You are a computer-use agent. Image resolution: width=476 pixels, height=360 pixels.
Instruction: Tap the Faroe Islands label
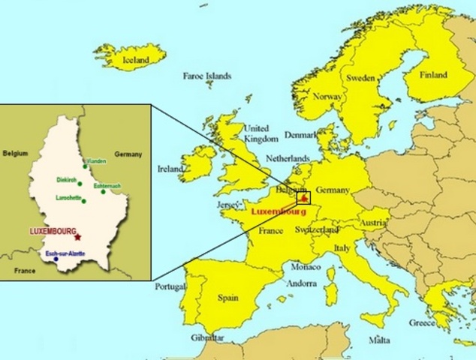pos(207,76)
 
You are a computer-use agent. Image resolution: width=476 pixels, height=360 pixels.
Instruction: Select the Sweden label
pos(360,78)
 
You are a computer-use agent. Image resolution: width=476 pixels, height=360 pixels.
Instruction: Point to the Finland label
pos(433,75)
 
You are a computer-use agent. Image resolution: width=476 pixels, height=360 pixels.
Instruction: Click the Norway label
pos(327,97)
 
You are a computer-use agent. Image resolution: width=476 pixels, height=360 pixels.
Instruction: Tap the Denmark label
pos(301,136)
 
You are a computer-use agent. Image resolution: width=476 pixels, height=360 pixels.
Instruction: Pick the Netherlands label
pos(288,160)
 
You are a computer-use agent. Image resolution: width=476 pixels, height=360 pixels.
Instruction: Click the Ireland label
pos(170,169)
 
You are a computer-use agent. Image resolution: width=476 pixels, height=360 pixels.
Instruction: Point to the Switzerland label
pos(319,229)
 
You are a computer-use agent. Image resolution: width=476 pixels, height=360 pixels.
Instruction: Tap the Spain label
pos(228,298)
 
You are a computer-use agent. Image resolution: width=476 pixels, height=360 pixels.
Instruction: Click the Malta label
pos(379,340)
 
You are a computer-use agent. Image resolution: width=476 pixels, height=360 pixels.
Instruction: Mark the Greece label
pos(421,323)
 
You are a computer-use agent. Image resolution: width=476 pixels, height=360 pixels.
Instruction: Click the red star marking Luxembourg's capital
pos(77,237)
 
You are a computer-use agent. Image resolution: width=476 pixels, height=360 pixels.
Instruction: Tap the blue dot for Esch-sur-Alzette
pos(56,259)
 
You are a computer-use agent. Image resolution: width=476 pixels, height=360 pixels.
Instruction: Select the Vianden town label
pos(96,161)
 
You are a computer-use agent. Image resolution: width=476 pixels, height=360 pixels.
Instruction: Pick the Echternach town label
pos(108,185)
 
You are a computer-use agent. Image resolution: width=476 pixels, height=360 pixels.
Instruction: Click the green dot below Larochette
pos(83,202)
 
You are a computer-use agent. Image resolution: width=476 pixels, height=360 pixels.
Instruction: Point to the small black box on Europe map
pos(303,198)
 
